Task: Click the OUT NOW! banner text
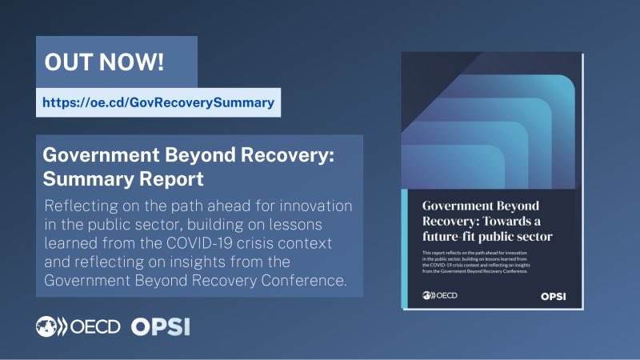tap(117, 62)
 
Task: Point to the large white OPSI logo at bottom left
tap(160, 326)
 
